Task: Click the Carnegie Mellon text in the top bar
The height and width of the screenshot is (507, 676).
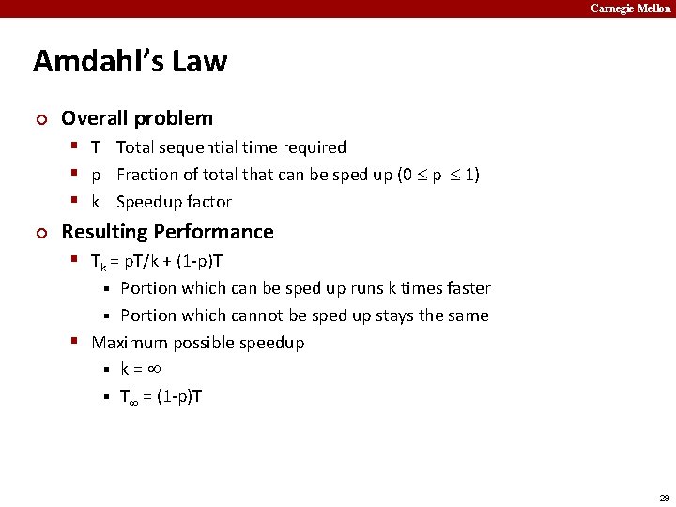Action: point(631,8)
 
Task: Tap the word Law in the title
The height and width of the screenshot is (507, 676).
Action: point(198,62)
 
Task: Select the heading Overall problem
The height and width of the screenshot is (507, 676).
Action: point(137,118)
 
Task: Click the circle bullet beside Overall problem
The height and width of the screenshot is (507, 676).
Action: point(39,119)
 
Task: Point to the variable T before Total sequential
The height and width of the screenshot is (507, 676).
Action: point(96,147)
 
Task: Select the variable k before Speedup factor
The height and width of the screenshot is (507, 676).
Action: point(96,202)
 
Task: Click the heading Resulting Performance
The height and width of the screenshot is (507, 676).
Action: point(167,232)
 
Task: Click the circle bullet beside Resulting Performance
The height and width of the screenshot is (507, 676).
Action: point(39,233)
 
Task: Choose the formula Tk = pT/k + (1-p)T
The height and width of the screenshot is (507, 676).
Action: point(157,261)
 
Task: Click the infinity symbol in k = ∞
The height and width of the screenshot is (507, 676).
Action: point(156,369)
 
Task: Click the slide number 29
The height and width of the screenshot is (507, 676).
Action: point(665,496)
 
